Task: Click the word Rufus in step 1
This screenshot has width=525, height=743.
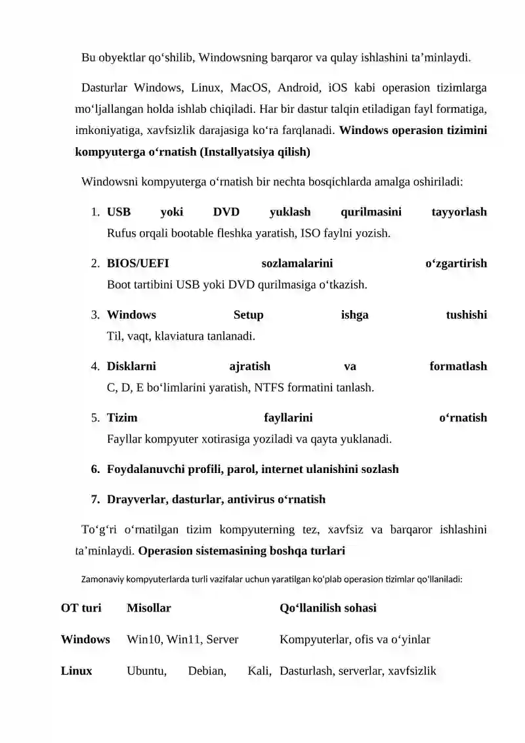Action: pos(123,233)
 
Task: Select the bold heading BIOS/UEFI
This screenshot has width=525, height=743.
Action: pos(138,263)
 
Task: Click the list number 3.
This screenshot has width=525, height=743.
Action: pos(95,315)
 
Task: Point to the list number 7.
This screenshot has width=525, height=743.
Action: pos(95,499)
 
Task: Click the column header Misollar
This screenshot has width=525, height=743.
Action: pos(148,608)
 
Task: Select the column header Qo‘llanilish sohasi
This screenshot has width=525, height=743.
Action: pos(328,608)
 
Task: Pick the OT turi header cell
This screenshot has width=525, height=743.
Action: pos(81,608)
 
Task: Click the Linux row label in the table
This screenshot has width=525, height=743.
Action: pos(76,671)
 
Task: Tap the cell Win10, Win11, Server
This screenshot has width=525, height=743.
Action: pos(182,639)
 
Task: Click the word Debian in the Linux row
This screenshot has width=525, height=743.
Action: pos(207,671)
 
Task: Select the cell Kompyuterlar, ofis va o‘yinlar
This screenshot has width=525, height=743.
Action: pos(355,639)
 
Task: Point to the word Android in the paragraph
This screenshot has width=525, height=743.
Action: pos(299,88)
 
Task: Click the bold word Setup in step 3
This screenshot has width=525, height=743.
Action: pos(248,315)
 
